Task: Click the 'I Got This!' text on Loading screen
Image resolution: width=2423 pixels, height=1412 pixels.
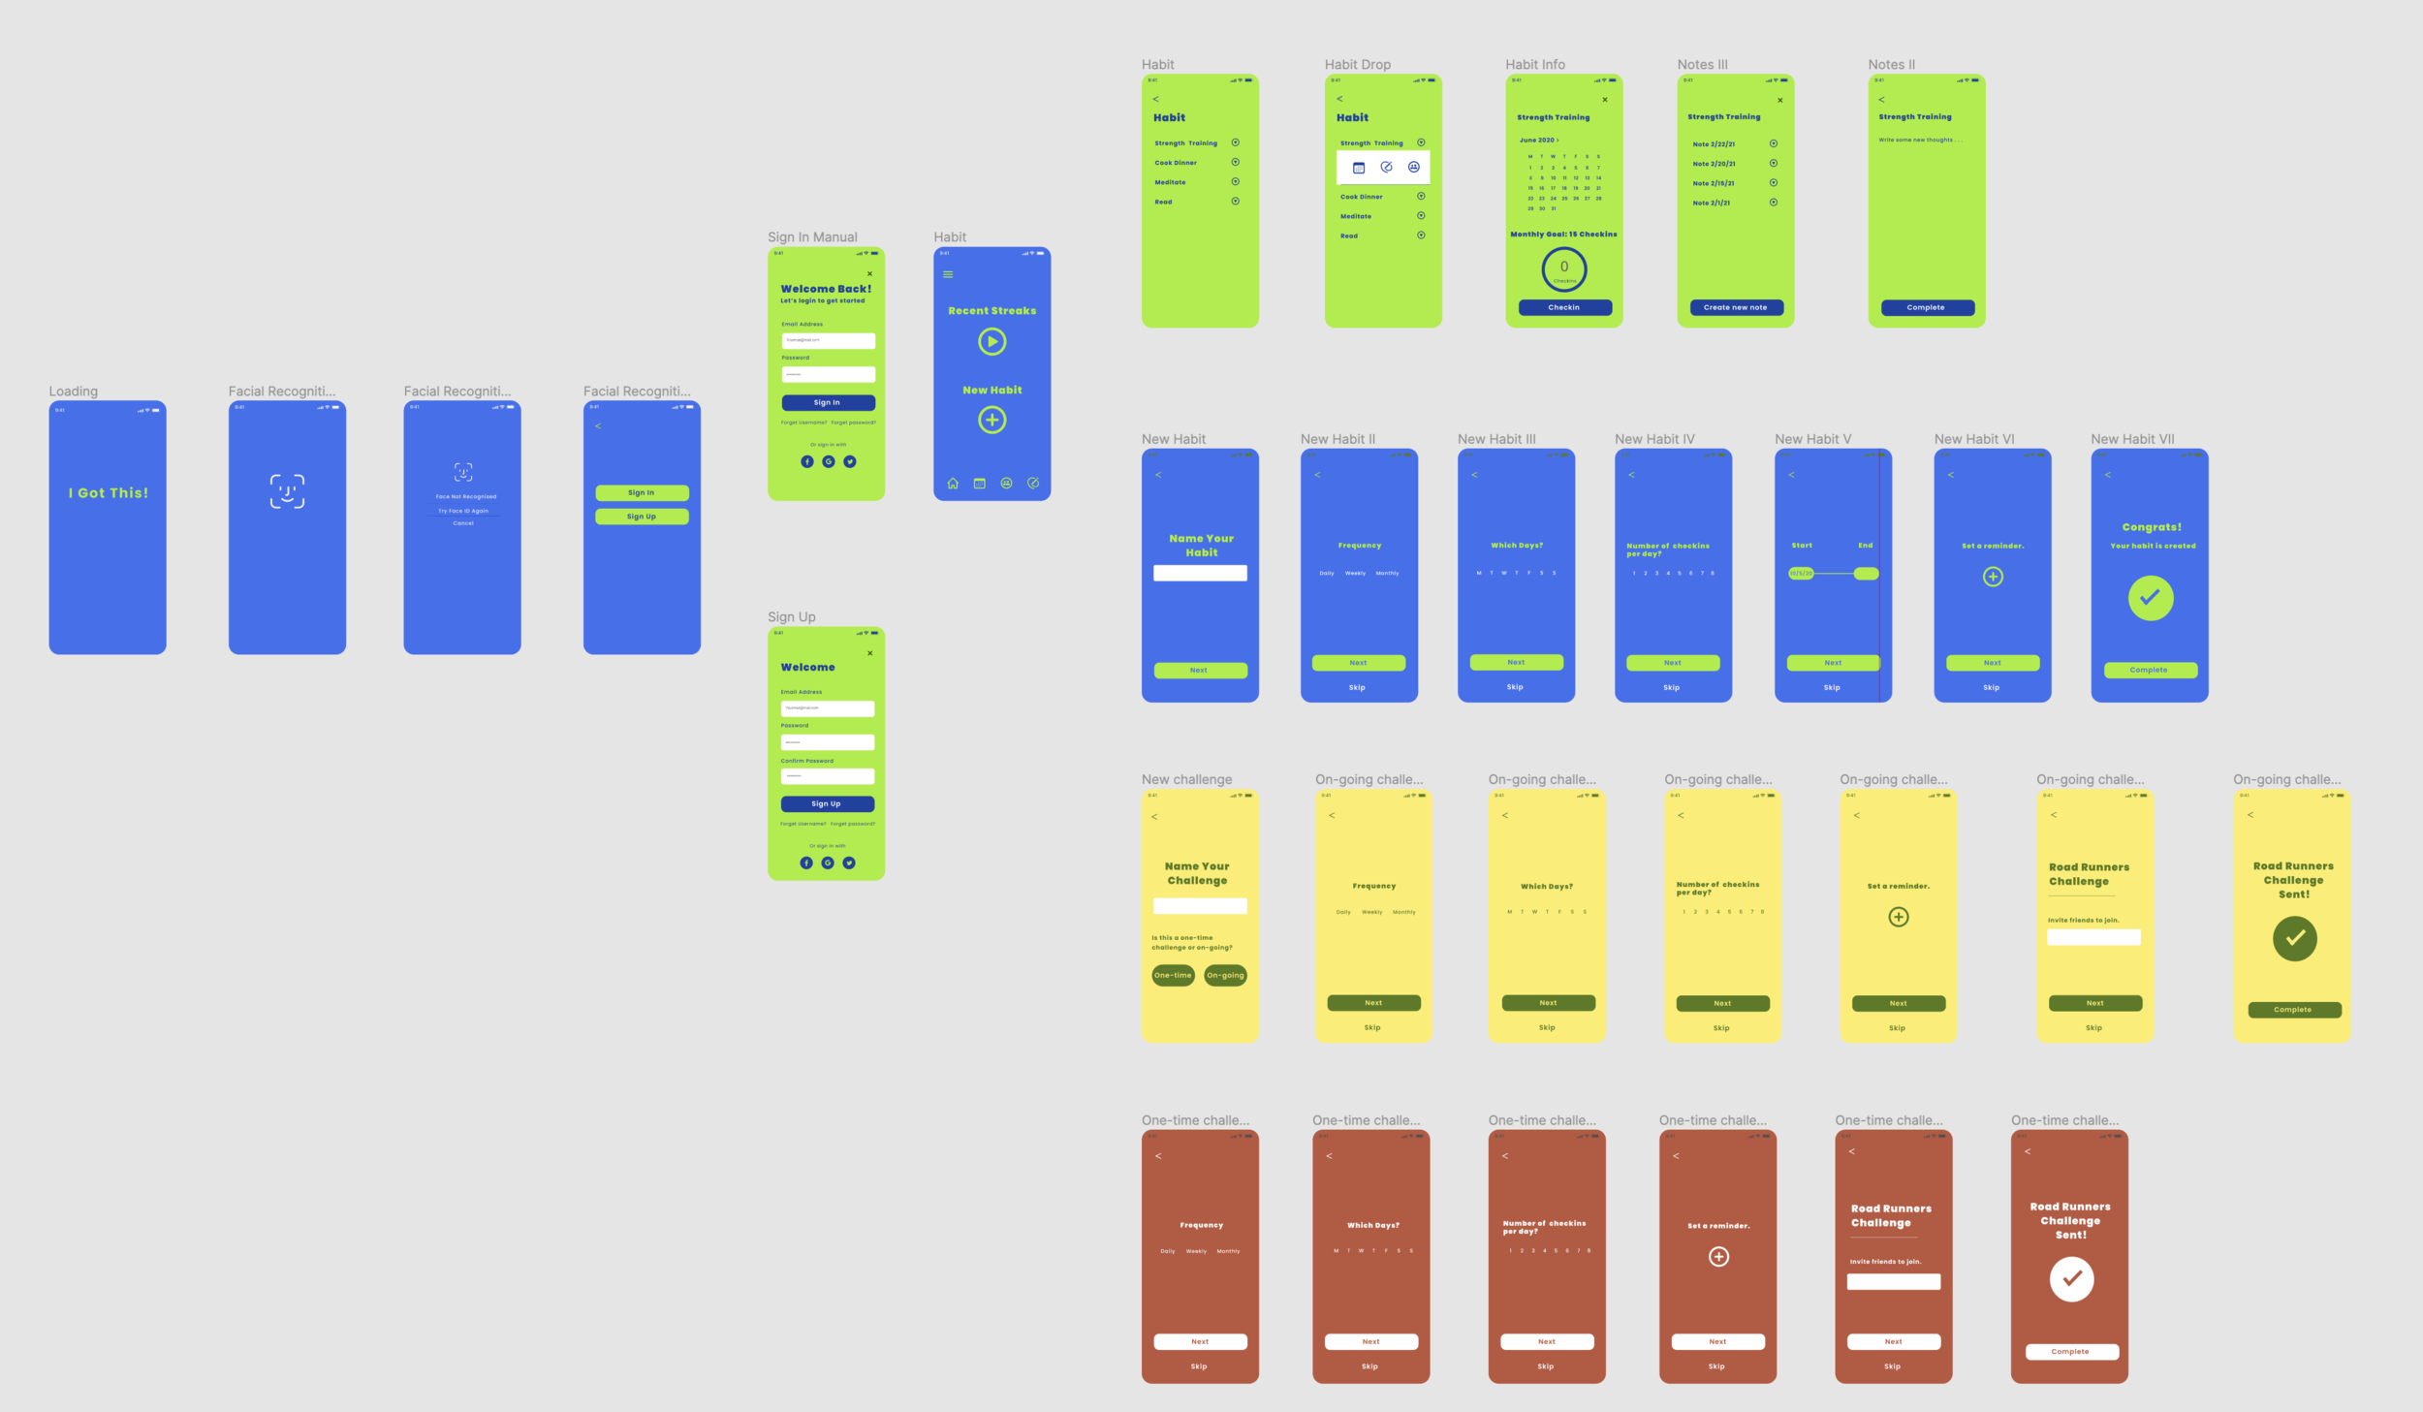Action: [109, 493]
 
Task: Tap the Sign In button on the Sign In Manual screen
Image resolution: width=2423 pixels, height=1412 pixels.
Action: [827, 402]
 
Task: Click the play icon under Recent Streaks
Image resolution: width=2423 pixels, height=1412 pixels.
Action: [991, 341]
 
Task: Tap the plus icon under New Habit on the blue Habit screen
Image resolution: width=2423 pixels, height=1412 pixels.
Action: [991, 420]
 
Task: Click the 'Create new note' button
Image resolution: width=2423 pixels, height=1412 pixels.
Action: [1735, 307]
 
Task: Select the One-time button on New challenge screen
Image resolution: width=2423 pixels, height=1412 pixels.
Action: [1173, 975]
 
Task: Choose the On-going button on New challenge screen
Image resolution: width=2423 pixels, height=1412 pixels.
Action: [1225, 975]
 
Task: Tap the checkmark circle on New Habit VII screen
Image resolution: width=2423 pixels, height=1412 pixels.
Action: [2150, 597]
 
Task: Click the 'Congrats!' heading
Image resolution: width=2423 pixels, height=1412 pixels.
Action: [2152, 527]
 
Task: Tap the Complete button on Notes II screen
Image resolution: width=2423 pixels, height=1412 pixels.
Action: [1926, 307]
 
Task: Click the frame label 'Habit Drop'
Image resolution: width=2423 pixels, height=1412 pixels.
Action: [1357, 65]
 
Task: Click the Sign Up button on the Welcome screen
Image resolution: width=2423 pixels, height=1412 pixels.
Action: [827, 803]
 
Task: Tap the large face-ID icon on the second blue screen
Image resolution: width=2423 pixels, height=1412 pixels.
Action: [287, 491]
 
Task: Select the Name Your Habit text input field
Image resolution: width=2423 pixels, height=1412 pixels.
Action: [1200, 573]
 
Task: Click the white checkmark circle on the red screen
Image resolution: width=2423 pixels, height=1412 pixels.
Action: [2071, 1278]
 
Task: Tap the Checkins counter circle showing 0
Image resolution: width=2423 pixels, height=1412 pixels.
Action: [1563, 268]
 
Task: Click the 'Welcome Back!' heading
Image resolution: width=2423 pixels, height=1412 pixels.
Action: [826, 289]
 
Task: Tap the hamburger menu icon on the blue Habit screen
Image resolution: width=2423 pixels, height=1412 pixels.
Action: [948, 274]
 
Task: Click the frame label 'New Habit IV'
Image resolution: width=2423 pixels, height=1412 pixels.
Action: [1654, 439]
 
